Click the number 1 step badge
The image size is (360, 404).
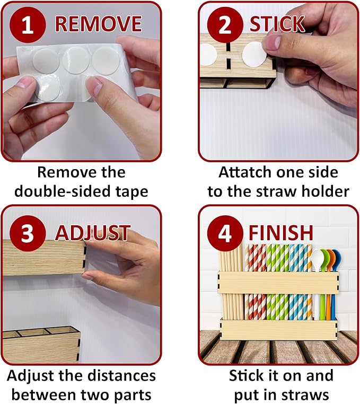pyautogui.click(x=28, y=25)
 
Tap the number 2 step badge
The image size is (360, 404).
pyautogui.click(x=225, y=25)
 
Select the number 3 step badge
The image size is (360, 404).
pyautogui.click(x=28, y=233)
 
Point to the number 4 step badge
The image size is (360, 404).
pyautogui.click(x=225, y=233)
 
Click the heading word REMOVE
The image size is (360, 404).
pyautogui.click(x=98, y=24)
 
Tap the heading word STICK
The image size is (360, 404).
pyautogui.click(x=277, y=24)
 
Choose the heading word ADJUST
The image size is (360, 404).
pyautogui.click(x=93, y=233)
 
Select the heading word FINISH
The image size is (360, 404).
pyautogui.click(x=281, y=233)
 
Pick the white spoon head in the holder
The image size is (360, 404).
pyautogui.click(x=316, y=260)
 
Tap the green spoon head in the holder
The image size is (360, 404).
pyautogui.click(x=324, y=258)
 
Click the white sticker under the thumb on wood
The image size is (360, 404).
pyautogui.click(x=254, y=55)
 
